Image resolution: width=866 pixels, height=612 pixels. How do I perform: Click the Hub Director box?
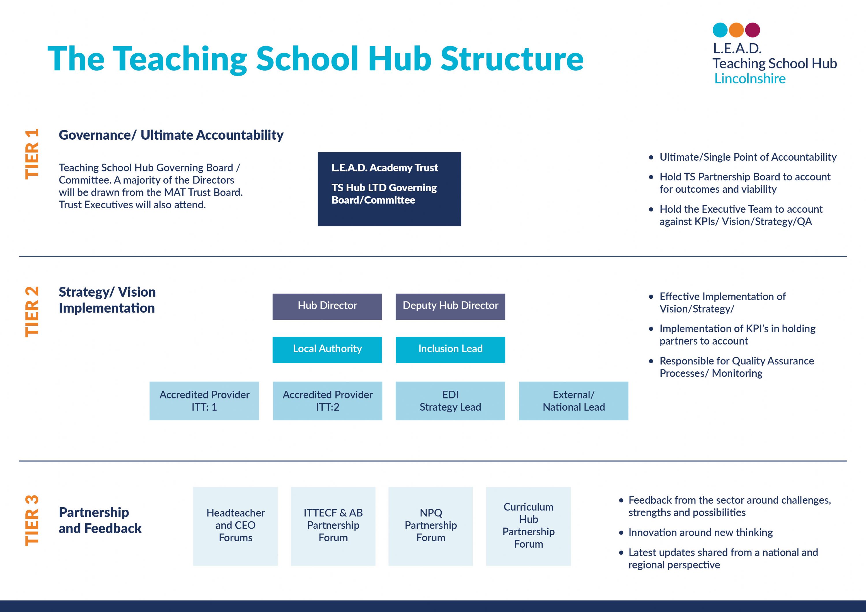point(327,306)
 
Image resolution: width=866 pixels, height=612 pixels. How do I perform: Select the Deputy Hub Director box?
point(450,306)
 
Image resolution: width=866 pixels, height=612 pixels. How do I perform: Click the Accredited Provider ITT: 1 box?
point(204,401)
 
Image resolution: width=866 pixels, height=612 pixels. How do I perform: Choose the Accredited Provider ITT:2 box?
point(327,401)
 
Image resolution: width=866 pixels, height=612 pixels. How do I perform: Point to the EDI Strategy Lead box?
point(450,401)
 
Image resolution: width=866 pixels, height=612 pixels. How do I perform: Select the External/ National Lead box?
point(574,401)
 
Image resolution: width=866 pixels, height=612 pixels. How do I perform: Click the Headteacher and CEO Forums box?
point(235,526)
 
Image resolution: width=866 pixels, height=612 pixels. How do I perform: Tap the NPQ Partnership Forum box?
point(431,526)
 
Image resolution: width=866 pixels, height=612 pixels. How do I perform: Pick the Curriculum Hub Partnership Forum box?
point(529,526)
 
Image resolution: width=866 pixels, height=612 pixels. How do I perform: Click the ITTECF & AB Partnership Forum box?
point(333,526)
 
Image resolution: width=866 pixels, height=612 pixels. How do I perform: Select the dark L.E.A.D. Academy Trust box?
point(389,189)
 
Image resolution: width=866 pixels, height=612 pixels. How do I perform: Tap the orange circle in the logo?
point(736,30)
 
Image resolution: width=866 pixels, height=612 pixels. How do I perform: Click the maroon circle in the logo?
point(753,30)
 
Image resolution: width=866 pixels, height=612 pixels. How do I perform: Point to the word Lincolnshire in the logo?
point(750,78)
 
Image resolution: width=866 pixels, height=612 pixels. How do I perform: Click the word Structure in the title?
point(512,59)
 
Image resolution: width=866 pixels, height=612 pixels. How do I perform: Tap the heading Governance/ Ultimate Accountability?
point(171,135)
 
